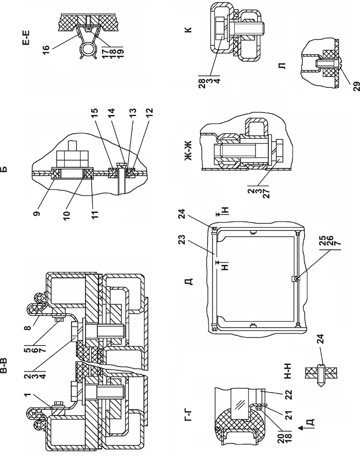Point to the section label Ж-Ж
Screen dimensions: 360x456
pyautogui.click(x=188, y=151)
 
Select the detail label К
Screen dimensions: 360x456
pyautogui.click(x=188, y=29)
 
